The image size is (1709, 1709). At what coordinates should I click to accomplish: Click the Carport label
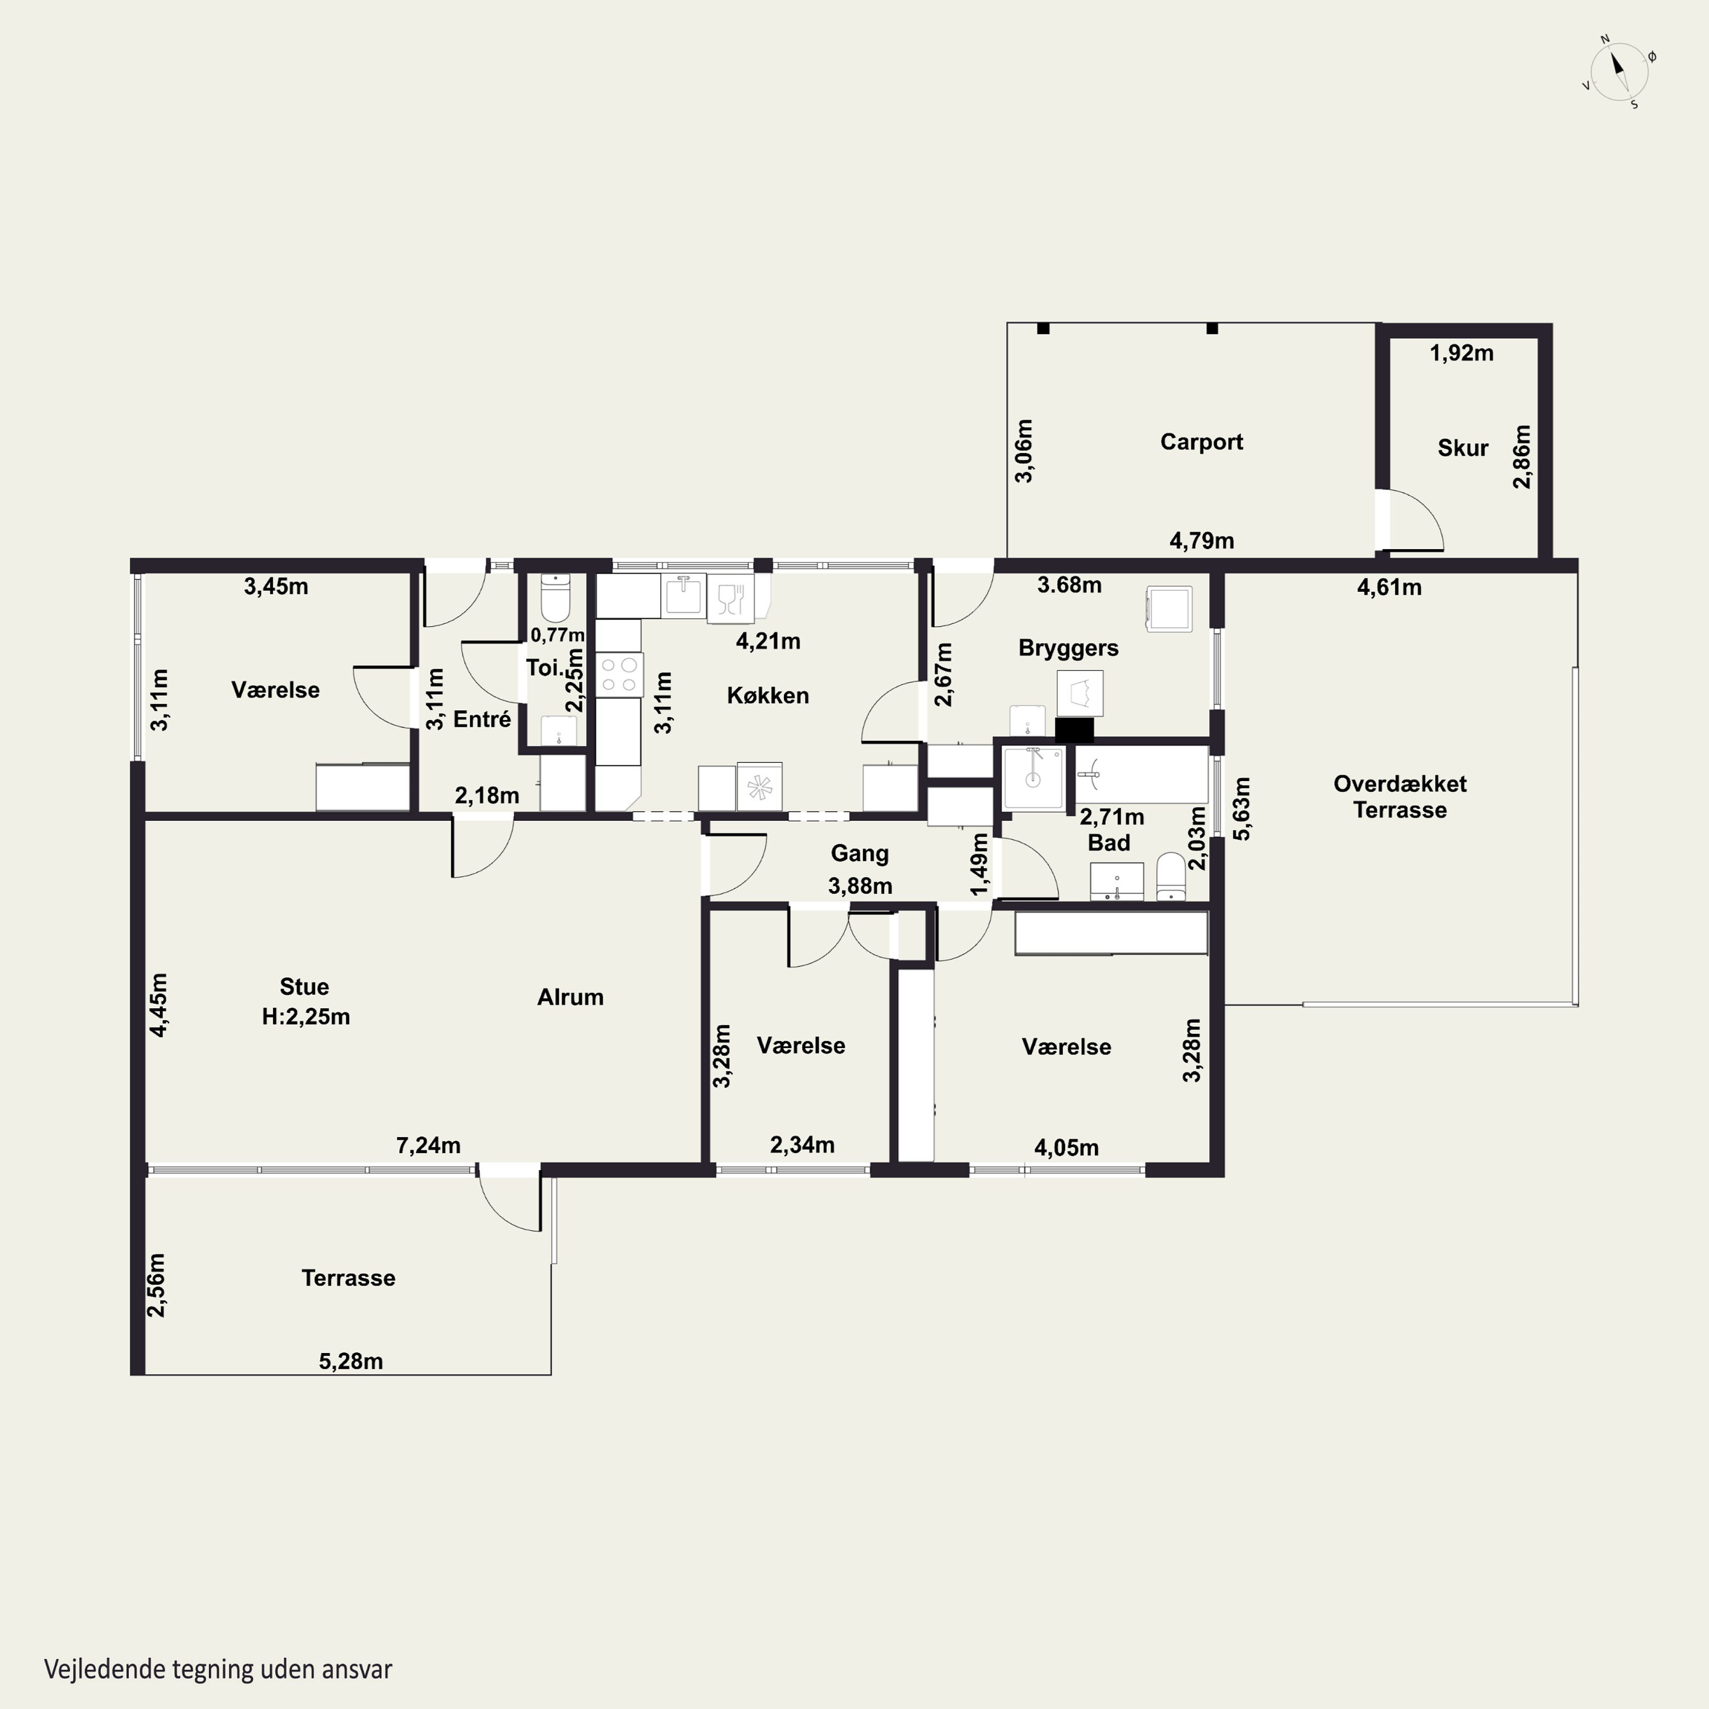pyautogui.click(x=1201, y=441)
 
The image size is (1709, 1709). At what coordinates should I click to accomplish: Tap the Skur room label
pyautogui.click(x=1463, y=448)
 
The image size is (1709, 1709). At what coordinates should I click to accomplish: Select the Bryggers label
pyautogui.click(x=1069, y=648)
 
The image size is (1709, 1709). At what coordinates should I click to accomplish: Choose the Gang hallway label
pyautogui.click(x=860, y=853)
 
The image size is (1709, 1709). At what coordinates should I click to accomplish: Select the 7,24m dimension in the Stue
pyautogui.click(x=428, y=1146)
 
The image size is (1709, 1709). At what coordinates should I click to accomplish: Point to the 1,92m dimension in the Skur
pyautogui.click(x=1462, y=353)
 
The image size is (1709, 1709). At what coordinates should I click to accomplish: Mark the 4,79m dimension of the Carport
pyautogui.click(x=1202, y=541)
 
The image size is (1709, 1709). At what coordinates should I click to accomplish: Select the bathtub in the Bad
pyautogui.click(x=1141, y=775)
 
